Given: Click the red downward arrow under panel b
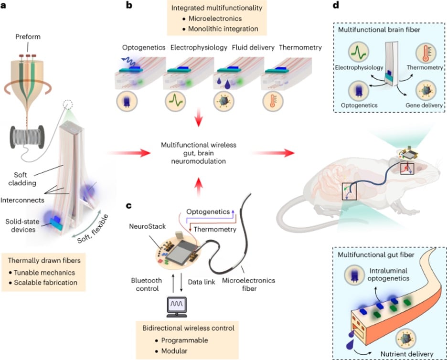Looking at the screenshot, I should (200, 121).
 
